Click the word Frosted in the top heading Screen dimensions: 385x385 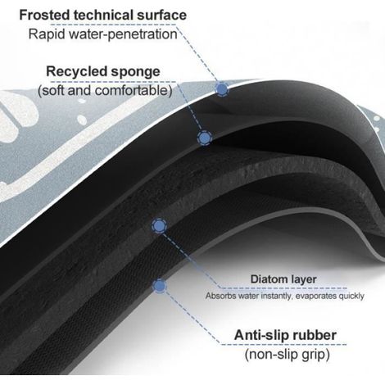(x=45, y=15)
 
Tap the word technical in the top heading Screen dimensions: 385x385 (x=104, y=15)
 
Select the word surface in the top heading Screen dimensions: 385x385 (x=162, y=16)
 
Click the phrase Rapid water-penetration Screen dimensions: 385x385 (x=103, y=34)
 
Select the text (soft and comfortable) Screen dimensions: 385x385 (x=105, y=91)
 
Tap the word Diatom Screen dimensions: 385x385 (x=268, y=279)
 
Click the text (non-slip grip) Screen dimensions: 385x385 (x=288, y=355)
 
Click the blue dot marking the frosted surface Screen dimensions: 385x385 (x=222, y=88)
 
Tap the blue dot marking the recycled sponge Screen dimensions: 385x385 (x=205, y=138)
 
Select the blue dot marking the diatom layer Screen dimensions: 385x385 (x=160, y=226)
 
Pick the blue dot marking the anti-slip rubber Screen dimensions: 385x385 (x=160, y=286)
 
